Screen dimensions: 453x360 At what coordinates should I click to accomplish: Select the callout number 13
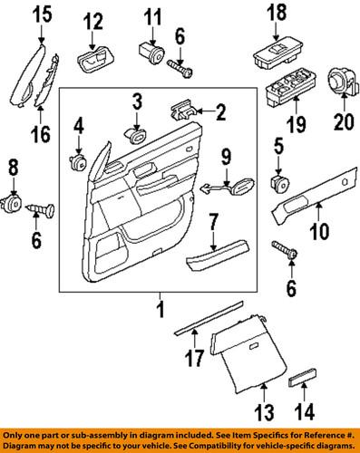[x=263, y=418]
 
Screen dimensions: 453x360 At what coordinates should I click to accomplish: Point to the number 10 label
[x=319, y=232]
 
